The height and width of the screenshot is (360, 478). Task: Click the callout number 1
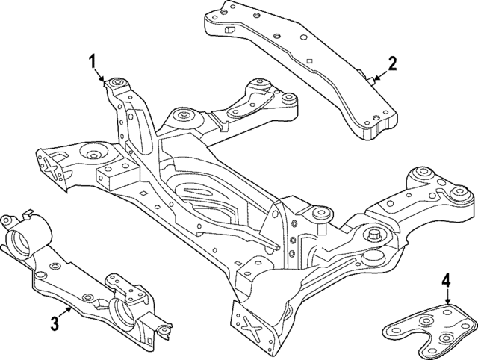click(93, 60)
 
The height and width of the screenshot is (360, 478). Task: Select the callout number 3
click(55, 323)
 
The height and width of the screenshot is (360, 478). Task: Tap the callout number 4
click(447, 282)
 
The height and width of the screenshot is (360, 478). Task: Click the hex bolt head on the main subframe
click(371, 237)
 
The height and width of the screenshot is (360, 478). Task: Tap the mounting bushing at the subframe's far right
click(458, 196)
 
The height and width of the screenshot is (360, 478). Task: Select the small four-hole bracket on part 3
click(120, 285)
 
